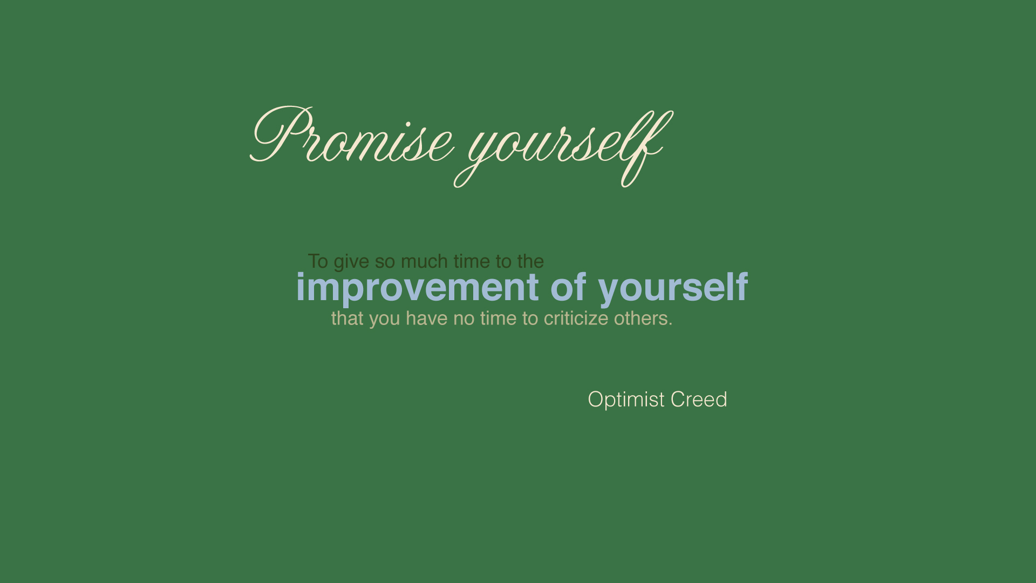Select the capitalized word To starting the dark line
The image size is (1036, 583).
[x=318, y=261]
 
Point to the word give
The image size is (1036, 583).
[x=352, y=262]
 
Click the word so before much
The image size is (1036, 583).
[x=385, y=262]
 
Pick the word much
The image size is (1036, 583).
[x=425, y=261]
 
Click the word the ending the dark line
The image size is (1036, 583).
[x=530, y=261]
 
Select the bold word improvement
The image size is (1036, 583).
[x=418, y=288]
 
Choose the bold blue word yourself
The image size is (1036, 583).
[x=673, y=288]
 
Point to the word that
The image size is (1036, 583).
[x=347, y=318]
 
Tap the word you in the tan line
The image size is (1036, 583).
[x=385, y=320]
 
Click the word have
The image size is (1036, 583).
[x=426, y=318]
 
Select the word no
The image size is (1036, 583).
[x=464, y=320]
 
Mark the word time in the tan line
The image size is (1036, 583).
[x=499, y=318]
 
